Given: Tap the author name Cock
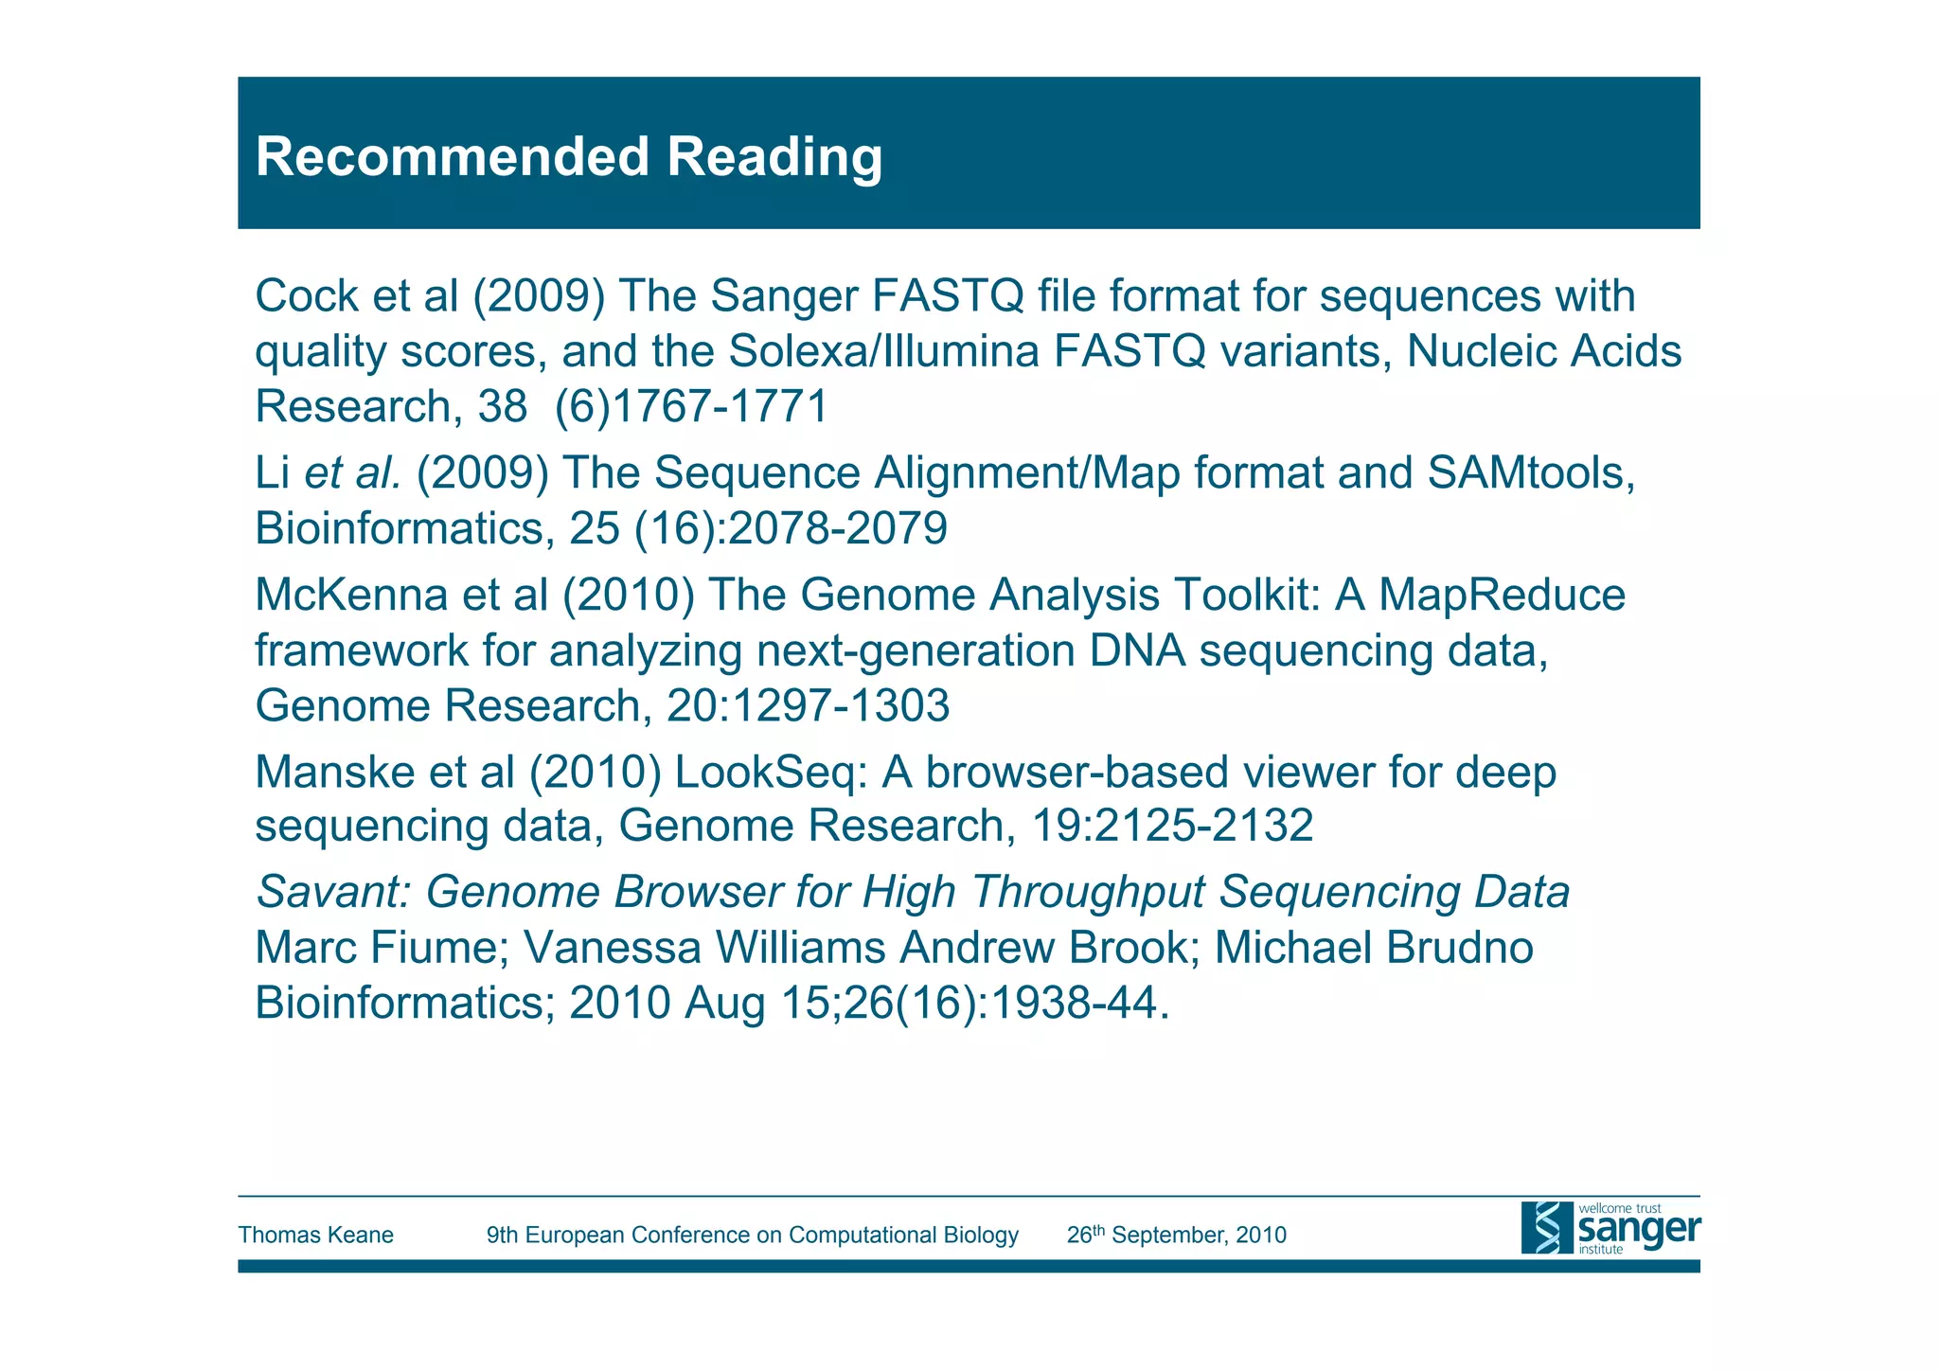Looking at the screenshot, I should (x=307, y=296).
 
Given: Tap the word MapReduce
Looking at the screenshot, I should (x=1502, y=595).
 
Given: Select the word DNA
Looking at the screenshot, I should (x=1137, y=650).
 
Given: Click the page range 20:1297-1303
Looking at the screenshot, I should (x=808, y=706).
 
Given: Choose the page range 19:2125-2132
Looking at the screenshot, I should (x=1171, y=826).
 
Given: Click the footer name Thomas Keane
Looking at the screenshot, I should (x=315, y=1235).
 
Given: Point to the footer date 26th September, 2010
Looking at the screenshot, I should (x=1176, y=1235).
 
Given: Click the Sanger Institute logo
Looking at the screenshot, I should (x=1610, y=1228).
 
